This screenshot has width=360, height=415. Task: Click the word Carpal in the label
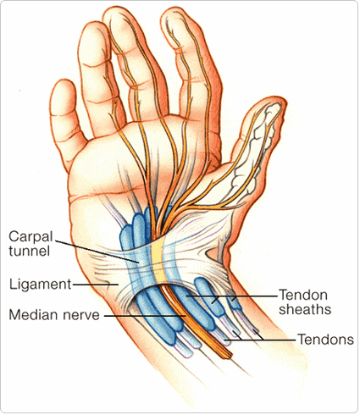coord(30,236)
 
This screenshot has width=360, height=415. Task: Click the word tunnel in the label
coord(30,251)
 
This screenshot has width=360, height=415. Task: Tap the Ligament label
coord(41,285)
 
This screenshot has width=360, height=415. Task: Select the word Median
coord(34,314)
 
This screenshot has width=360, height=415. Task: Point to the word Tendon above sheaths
coord(303,295)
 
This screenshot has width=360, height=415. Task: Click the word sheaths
coord(305,309)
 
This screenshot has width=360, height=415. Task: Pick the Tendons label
coord(326,340)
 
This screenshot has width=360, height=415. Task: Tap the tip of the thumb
coord(278,103)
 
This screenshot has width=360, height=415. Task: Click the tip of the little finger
coord(62,82)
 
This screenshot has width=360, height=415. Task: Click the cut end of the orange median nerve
coord(226,355)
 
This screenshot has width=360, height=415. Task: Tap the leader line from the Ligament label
coord(96,285)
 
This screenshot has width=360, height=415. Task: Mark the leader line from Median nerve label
coord(145,316)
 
